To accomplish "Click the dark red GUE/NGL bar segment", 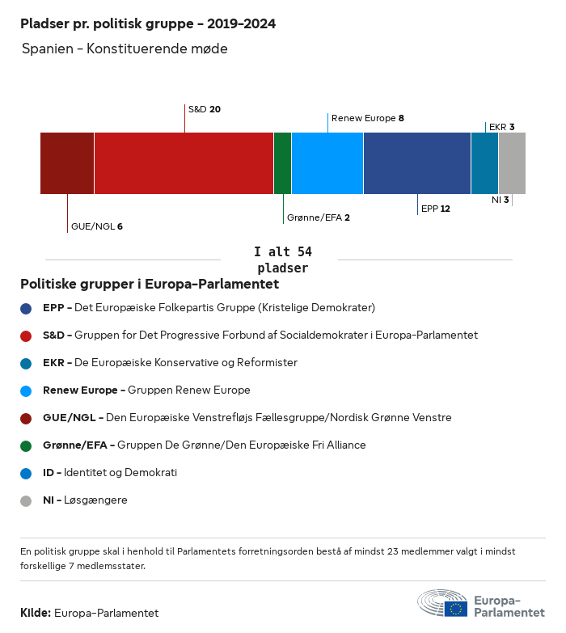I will click(67, 163).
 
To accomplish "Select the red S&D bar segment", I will click(184, 163).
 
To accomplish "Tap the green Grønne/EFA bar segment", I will click(282, 163).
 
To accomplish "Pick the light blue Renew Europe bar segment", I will click(327, 163).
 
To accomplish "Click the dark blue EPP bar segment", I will click(417, 163).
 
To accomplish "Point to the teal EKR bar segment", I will click(484, 163).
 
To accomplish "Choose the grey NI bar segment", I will click(512, 163).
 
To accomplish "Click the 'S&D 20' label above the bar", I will click(204, 108).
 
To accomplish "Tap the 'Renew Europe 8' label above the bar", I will click(367, 118).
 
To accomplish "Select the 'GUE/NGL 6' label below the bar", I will click(97, 226).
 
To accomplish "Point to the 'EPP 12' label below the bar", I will click(436, 209).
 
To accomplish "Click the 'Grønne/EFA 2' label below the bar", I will click(318, 217).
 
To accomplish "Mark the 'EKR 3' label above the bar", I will click(501, 127).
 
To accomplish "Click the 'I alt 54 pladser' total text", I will click(282, 260).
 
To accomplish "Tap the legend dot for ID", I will click(26, 473).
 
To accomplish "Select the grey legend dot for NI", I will click(26, 500).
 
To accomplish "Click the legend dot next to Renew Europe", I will click(26, 390).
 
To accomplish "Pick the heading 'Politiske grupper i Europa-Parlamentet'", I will click(150, 285).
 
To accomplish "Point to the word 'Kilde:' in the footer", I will click(36, 613).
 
